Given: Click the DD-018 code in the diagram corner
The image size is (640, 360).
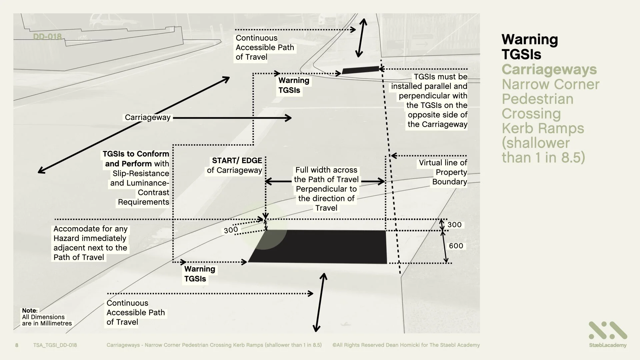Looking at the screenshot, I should coord(47,37).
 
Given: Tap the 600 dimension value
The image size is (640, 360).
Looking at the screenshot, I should coord(456,246).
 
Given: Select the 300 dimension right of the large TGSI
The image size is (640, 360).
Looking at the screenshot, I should coord(454,225).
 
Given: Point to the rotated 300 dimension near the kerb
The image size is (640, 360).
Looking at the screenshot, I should coord(231,230).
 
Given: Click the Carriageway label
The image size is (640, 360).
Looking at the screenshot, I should coord(148,117).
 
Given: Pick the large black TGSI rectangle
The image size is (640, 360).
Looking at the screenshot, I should coord(320,247).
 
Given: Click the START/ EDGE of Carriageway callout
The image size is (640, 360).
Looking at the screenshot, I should coord(235,165).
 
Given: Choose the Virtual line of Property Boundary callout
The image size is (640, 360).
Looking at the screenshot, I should coord(443,172).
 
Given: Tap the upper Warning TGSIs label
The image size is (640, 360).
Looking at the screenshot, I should coord(294,85).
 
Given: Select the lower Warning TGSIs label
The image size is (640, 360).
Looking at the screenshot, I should coord(200,274).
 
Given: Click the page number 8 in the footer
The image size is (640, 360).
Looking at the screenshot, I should coord(17,345).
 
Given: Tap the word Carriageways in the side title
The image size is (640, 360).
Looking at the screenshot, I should coord(549,69).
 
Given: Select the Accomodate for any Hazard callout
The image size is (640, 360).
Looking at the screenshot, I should coord(90,243).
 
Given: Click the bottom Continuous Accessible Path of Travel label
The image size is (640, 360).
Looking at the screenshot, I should coord(135,312).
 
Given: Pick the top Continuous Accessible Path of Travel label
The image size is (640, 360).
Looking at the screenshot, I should coord(265,47).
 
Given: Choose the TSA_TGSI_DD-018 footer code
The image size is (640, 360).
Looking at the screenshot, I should coord(55,345).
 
